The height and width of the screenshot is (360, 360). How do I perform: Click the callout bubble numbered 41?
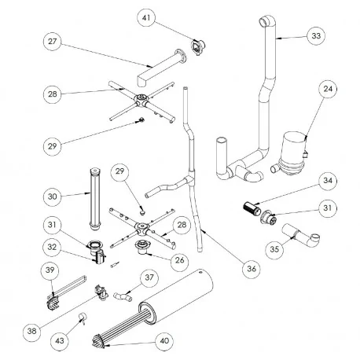click(x=147, y=17)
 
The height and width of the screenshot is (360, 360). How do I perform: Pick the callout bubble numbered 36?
click(x=252, y=268)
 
